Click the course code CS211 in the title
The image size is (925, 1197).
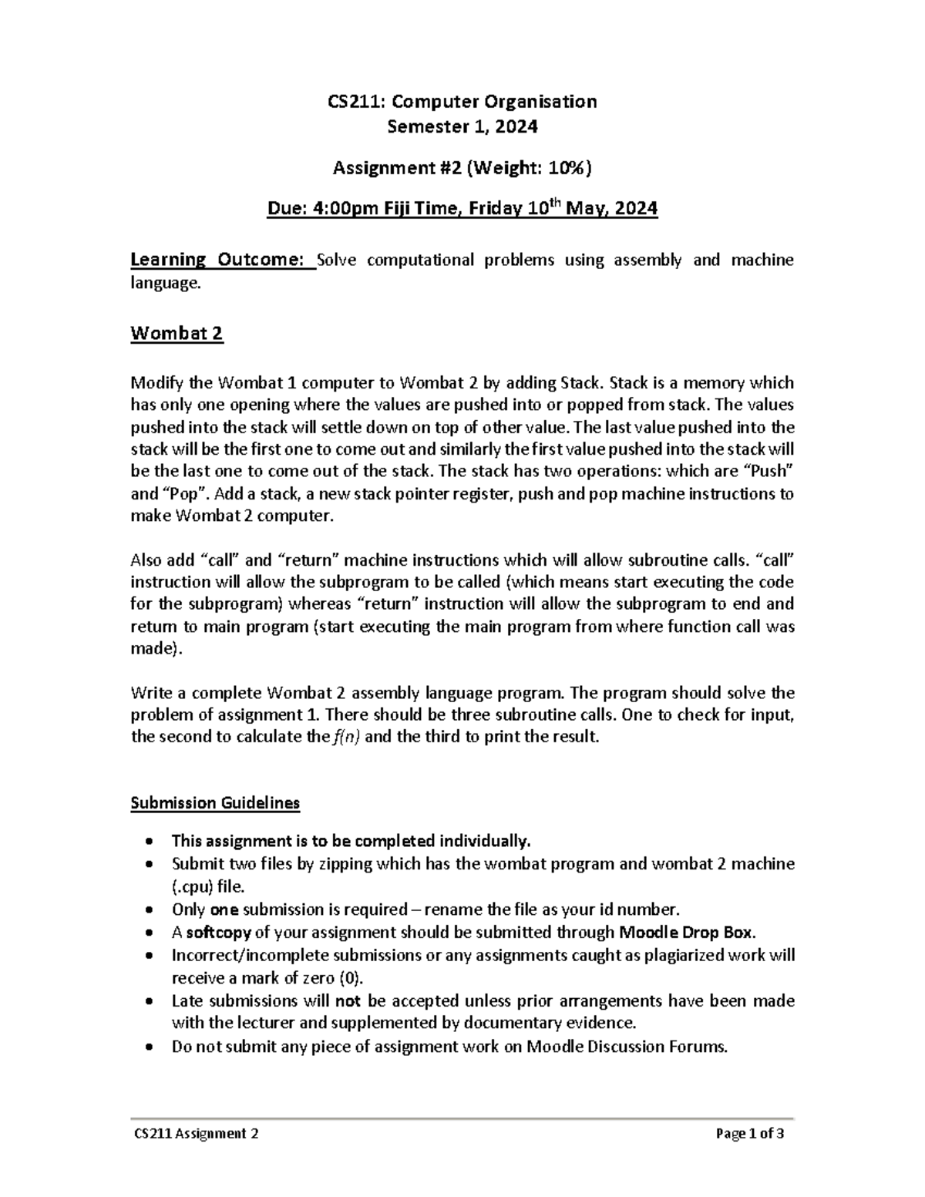click(x=351, y=101)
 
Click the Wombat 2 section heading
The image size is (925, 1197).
click(x=177, y=334)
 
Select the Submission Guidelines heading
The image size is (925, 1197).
click(x=215, y=803)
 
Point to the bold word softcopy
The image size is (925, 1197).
click(x=218, y=932)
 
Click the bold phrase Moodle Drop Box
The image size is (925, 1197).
click(x=686, y=932)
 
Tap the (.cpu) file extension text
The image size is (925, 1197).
click(x=195, y=886)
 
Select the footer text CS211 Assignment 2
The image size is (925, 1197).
click(x=194, y=1134)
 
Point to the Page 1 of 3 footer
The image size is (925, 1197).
click(x=750, y=1134)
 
